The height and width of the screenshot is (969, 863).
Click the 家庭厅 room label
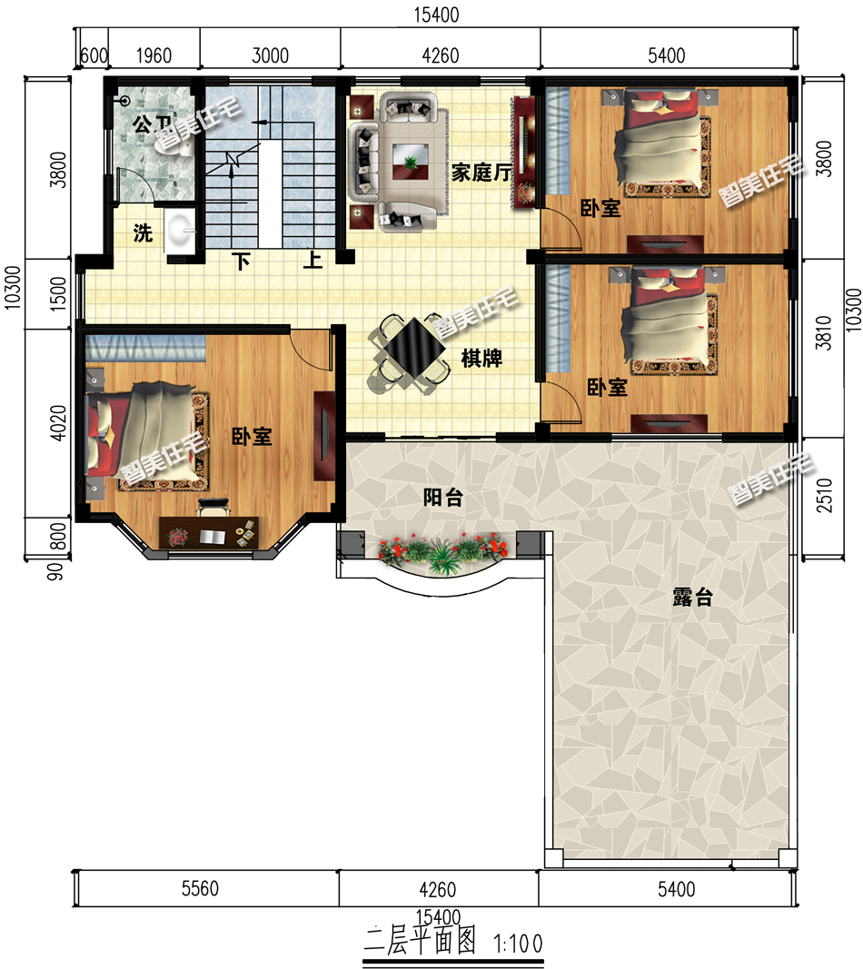(x=481, y=173)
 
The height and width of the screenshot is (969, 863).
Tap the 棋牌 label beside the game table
(x=481, y=358)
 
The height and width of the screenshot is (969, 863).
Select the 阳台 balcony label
(x=442, y=498)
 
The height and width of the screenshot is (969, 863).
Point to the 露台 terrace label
(x=692, y=597)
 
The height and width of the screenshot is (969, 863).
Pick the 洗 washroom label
(x=143, y=233)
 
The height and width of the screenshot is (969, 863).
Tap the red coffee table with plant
(x=411, y=162)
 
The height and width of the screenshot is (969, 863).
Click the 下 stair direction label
(x=241, y=262)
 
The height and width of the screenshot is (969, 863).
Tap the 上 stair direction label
(x=312, y=259)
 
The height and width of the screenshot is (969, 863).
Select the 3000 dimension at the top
(x=270, y=55)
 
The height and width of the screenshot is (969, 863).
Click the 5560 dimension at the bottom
(x=200, y=889)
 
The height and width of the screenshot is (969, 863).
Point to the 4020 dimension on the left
(x=57, y=422)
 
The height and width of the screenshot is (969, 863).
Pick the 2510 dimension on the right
(x=824, y=496)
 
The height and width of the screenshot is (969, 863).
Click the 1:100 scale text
(x=518, y=944)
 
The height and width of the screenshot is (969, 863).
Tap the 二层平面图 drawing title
(x=420, y=941)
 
